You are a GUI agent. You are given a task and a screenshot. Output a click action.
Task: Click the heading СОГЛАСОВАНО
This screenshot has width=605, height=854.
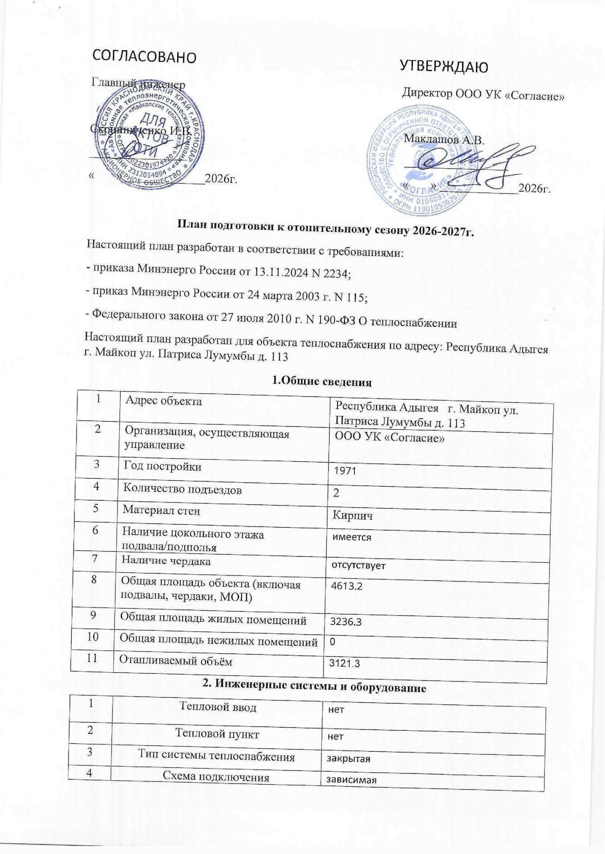click(144, 56)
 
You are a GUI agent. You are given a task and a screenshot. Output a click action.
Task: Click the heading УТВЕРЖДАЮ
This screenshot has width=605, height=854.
click(444, 67)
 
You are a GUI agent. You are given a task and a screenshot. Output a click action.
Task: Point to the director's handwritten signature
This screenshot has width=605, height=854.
click(472, 165)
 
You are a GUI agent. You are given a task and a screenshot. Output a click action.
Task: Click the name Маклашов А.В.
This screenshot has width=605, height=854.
click(443, 139)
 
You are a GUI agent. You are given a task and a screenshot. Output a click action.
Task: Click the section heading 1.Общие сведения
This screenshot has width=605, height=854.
click(321, 381)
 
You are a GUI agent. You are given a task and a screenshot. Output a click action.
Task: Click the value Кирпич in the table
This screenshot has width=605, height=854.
click(353, 516)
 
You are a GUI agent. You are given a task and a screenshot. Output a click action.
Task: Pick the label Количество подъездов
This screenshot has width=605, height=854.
click(183, 490)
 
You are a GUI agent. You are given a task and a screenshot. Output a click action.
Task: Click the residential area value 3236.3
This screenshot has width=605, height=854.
click(345, 622)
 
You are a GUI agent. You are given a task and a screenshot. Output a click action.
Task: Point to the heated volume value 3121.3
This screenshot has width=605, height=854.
click(344, 664)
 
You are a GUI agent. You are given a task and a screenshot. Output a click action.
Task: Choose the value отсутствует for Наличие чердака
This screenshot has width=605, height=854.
click(357, 566)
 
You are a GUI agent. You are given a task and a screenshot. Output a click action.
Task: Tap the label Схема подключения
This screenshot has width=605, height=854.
click(216, 777)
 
